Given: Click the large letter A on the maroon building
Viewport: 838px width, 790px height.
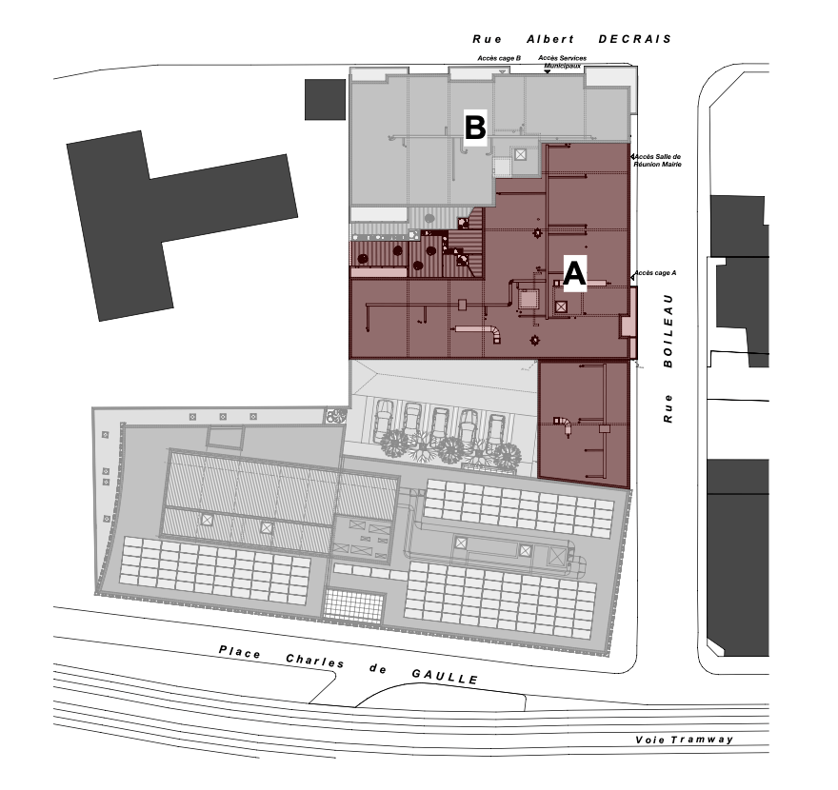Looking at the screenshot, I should point(574,273).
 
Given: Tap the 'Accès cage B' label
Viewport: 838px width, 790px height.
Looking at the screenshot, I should point(499,58).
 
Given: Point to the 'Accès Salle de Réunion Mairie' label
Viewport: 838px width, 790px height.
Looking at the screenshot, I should point(658,159).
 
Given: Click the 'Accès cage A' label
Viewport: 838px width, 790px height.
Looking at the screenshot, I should point(656,272).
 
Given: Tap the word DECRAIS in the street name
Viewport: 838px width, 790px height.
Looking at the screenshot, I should point(634,40).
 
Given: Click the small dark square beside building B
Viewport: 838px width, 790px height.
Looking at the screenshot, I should point(324,100).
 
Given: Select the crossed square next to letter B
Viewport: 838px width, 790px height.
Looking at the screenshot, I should point(520,154).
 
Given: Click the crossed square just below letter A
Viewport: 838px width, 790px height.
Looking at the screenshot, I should point(561,306).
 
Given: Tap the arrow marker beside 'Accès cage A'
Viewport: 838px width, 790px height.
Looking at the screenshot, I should point(631,278).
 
